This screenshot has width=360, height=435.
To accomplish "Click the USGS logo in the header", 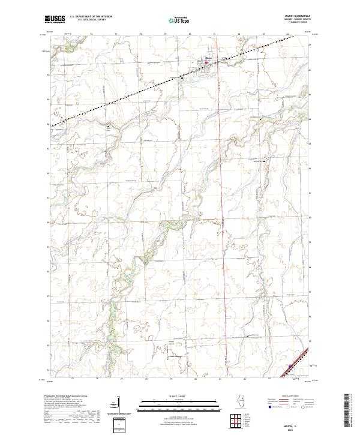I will (x=55, y=19).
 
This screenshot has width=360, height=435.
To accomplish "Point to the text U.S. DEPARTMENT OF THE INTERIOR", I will (x=91, y=17).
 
